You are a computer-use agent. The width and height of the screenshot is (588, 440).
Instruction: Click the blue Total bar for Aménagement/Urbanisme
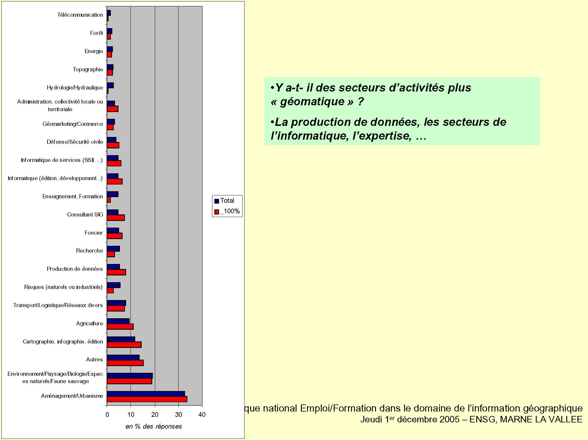146,394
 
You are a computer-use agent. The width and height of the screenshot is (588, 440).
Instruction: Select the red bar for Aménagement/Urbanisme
147,399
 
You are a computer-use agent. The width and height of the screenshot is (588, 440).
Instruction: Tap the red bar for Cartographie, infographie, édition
124,345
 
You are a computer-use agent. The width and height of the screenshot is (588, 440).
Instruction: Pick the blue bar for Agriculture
118,321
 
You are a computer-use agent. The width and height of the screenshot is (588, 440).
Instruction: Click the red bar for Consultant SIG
116,218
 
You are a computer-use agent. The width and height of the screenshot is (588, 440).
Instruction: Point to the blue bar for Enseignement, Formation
113,194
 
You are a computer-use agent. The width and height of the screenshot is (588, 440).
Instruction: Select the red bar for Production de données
116,272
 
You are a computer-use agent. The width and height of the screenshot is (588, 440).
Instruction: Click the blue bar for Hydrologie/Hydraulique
110,85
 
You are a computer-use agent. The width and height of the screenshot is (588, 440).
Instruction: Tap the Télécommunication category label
80,15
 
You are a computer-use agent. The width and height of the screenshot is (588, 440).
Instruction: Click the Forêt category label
96,33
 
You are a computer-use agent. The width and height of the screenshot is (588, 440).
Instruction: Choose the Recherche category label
89,251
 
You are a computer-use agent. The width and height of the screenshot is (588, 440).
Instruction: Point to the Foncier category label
94,233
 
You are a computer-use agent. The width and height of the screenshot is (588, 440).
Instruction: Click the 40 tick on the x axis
202,415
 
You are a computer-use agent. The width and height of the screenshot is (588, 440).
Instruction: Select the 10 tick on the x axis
131,415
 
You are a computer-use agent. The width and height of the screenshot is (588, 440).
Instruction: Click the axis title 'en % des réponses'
154,427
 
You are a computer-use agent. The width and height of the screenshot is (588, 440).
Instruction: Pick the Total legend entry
227,201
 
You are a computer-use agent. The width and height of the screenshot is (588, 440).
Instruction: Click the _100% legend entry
230,211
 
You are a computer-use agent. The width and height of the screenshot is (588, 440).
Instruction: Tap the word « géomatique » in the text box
312,101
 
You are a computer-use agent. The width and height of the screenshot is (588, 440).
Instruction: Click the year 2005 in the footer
449,419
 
